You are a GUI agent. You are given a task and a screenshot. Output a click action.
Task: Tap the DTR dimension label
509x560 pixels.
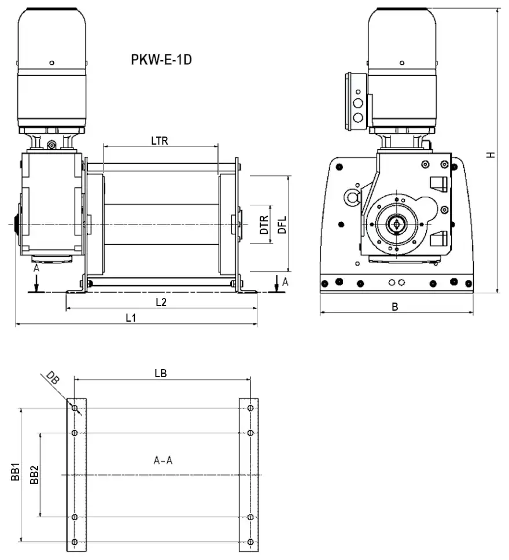[264, 224]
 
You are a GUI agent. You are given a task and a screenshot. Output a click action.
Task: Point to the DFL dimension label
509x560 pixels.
[281, 224]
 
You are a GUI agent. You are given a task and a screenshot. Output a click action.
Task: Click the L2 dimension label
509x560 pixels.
[161, 302]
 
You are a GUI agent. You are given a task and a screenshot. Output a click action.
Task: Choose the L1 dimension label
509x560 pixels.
[132, 318]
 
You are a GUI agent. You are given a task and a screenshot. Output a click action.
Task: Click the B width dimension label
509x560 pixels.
[395, 307]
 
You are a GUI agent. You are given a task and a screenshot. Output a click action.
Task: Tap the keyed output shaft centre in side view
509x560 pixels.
[396, 223]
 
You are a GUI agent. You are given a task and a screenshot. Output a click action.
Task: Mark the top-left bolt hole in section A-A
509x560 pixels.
[75, 408]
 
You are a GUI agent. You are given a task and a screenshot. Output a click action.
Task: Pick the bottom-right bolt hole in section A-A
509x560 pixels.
[250, 541]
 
